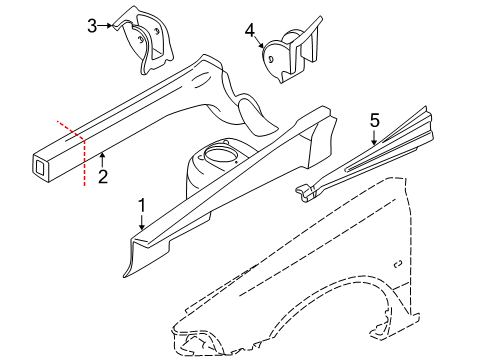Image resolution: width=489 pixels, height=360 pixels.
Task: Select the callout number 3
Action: (92, 25)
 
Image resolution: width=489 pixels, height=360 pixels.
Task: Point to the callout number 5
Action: (374, 120)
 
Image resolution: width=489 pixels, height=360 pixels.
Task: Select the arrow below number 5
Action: (374, 138)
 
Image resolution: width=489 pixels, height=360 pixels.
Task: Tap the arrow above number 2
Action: (102, 156)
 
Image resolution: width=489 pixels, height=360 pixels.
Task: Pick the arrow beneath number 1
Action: (142, 224)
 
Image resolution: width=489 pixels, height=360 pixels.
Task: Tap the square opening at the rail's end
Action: (43, 169)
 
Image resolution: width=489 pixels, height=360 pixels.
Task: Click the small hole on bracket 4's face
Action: (273, 58)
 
